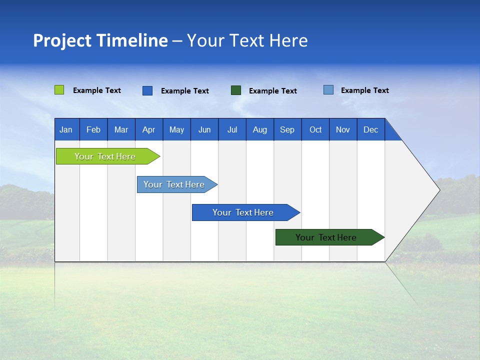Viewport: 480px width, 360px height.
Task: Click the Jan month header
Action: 66,129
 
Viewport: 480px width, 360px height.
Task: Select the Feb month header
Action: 93,129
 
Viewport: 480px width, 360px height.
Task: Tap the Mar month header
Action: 121,129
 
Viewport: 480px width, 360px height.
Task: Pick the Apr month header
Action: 149,129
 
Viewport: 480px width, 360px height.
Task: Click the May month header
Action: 176,129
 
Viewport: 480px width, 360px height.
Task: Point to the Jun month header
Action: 204,129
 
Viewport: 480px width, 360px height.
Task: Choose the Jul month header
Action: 232,129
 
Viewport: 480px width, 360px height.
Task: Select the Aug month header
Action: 260,129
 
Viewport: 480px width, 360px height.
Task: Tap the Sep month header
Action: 287,129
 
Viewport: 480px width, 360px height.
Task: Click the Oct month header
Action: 315,129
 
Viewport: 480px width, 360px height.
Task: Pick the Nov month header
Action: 343,129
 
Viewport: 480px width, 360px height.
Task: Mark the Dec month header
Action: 371,129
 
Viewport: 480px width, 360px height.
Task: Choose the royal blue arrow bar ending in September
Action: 243,212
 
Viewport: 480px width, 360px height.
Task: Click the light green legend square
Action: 59,90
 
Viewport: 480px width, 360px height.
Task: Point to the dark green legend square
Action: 236,90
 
